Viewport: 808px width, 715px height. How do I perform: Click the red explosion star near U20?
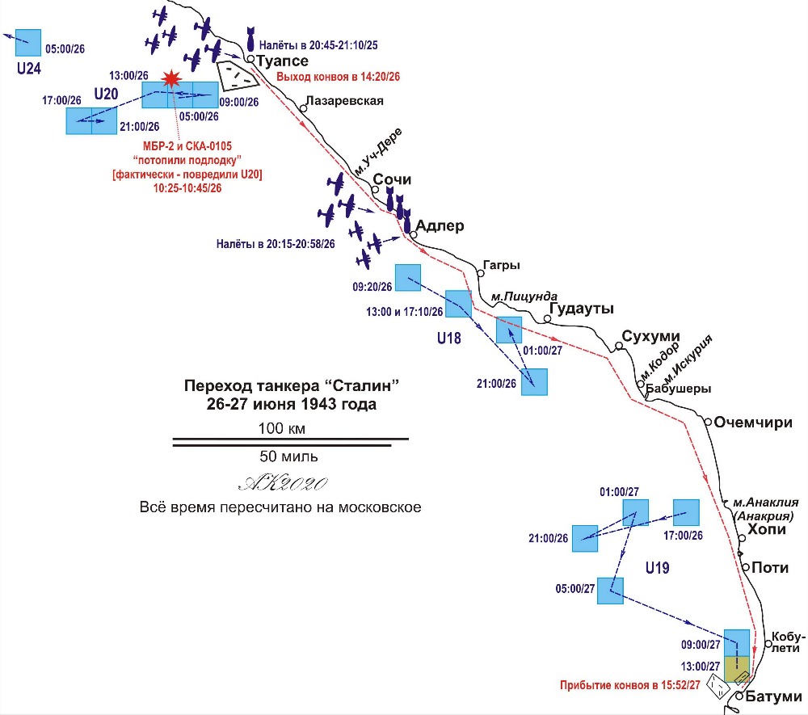click(170, 79)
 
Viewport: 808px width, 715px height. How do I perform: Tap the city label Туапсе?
click(282, 61)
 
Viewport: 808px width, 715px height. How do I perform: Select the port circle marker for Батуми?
click(739, 696)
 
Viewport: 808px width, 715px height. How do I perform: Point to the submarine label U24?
click(29, 69)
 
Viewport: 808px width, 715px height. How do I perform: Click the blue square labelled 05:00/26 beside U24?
click(28, 43)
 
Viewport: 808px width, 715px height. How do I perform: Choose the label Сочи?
click(392, 179)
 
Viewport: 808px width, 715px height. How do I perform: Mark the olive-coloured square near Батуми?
click(737, 669)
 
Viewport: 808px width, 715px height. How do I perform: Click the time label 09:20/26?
click(372, 287)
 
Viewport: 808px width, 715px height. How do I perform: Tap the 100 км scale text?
click(282, 428)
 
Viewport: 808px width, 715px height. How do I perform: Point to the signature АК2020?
click(283, 482)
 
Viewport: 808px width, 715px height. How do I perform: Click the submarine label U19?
click(658, 568)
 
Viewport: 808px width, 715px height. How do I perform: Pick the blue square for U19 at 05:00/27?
click(610, 591)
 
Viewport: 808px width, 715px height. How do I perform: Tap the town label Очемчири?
click(753, 423)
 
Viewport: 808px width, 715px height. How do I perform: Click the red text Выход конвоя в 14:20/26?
click(338, 77)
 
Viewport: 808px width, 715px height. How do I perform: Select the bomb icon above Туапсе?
click(251, 39)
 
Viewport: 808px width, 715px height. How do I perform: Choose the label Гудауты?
click(581, 309)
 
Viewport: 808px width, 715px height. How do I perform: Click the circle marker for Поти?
click(746, 567)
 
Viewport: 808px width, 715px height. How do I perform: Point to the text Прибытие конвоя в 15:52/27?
click(630, 685)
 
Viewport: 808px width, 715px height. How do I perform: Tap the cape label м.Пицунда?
click(524, 297)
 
